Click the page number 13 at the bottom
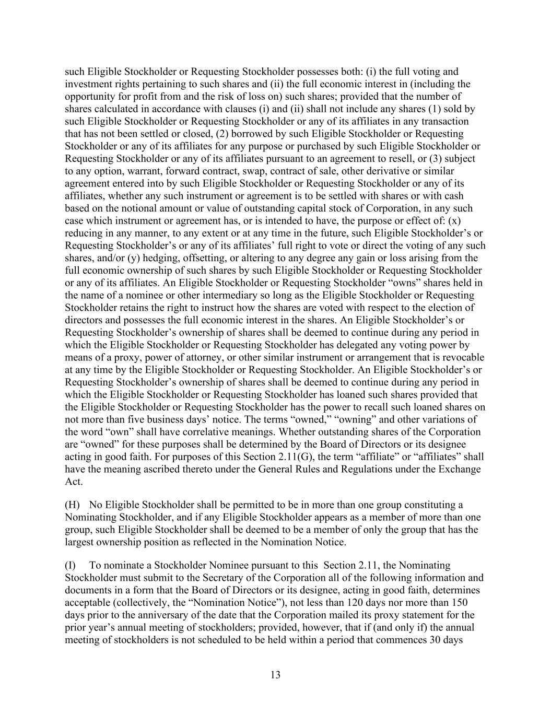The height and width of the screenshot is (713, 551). click(276, 675)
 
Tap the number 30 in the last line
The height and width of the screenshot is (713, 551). click(438, 639)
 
